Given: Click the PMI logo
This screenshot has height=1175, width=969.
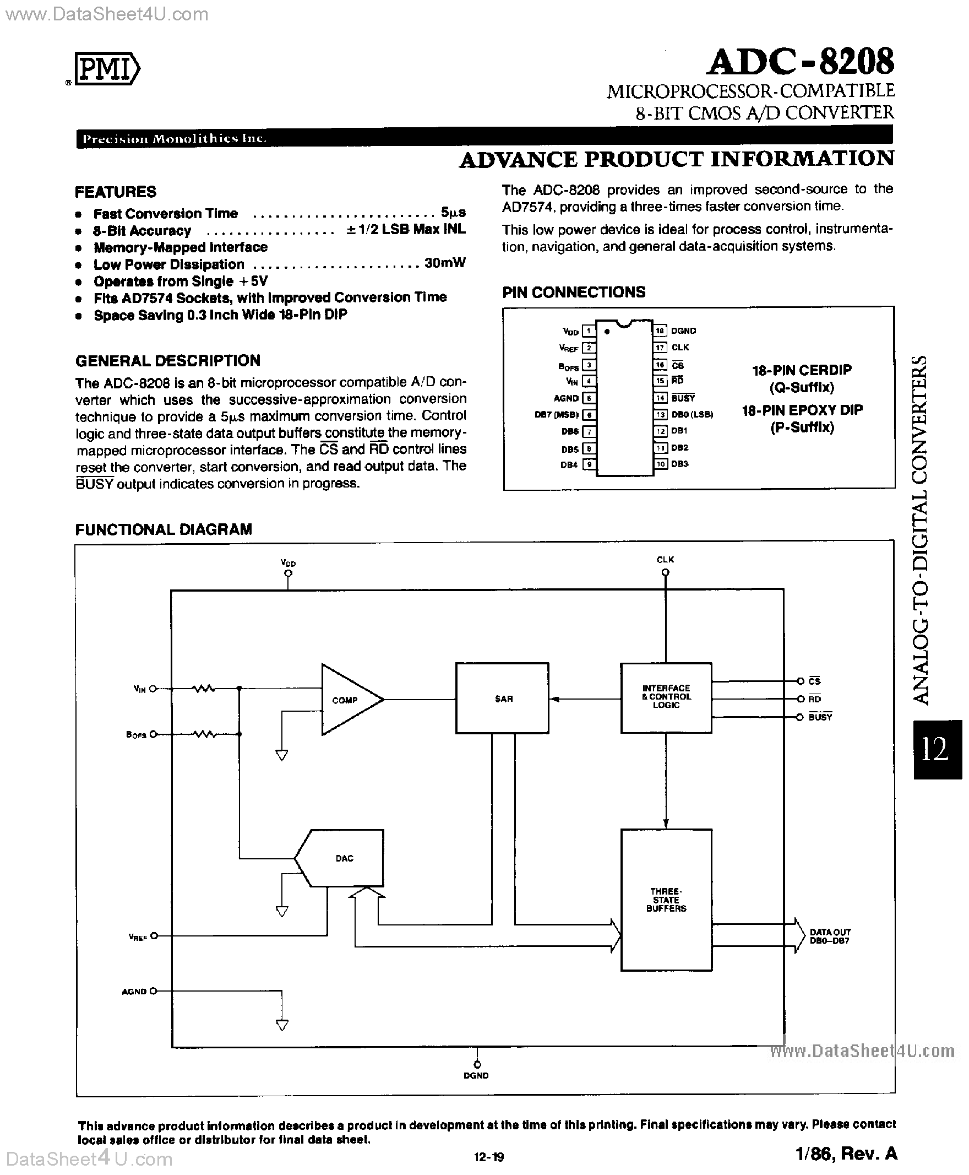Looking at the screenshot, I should coord(107,70).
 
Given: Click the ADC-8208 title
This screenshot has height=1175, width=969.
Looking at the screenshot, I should coord(800,62).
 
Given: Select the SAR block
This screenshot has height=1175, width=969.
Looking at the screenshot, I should coord(502,698).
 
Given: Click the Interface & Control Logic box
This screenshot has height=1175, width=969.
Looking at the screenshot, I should coord(666,697).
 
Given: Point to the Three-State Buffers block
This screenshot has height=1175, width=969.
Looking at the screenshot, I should coord(666,900).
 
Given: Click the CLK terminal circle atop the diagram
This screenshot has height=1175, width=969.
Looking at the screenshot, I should coord(665,572).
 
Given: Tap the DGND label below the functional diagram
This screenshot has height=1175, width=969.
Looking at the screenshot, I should coord(476,1076).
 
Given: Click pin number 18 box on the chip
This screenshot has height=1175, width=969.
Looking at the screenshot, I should coord(660,331).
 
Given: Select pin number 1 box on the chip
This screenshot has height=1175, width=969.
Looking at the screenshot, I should coord(589,331).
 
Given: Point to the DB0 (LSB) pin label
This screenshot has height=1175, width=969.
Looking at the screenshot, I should coord(692,414).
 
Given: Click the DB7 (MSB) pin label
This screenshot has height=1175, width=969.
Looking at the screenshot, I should coord(556,415).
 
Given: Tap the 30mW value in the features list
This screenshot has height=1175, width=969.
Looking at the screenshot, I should coord(444,263).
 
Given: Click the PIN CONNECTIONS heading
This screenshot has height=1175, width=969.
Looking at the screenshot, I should coord(573,292).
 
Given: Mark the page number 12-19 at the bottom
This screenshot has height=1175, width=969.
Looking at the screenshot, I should coord(489,1157).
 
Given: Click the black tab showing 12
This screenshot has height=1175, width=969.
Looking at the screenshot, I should coord(937,749).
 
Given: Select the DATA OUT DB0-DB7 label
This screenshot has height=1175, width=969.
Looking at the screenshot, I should coord(830,936).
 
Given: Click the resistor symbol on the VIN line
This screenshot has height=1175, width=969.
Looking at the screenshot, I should coord(204,689).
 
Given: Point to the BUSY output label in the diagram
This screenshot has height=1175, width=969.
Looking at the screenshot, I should coord(820,717).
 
